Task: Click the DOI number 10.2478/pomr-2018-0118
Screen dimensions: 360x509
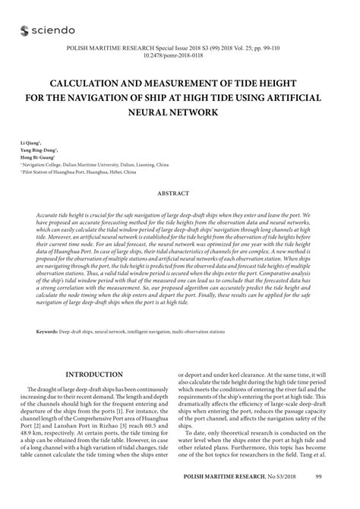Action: pos(179,55)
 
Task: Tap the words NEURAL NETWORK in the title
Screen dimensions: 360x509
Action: pos(180,112)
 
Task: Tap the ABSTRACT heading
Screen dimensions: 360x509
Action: pos(179,194)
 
